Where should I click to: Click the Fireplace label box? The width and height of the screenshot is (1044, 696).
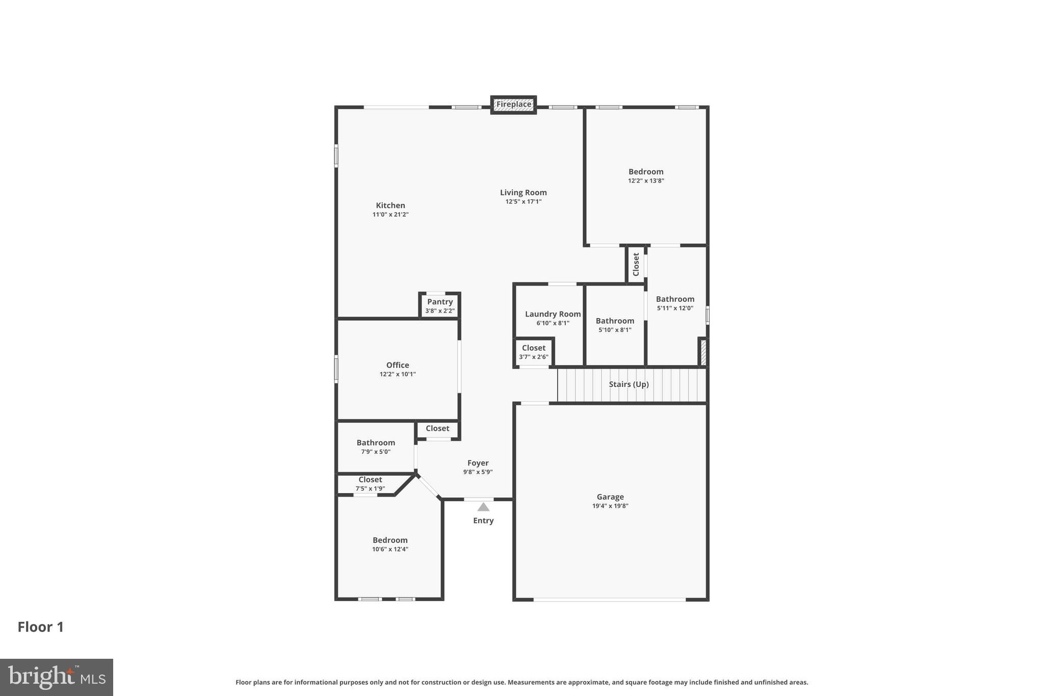tap(513, 105)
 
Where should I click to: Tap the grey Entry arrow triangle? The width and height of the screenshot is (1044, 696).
tap(483, 507)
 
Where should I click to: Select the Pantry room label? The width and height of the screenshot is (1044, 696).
tap(440, 302)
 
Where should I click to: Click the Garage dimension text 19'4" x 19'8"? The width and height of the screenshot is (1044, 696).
tap(610, 506)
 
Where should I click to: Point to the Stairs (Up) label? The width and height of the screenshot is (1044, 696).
tap(629, 384)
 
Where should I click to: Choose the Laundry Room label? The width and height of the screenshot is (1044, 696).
tap(553, 314)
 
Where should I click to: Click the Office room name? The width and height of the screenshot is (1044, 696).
tap(398, 365)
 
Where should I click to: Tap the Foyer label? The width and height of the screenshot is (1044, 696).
tap(478, 463)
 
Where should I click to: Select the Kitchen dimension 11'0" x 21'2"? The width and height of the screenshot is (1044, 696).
tap(390, 215)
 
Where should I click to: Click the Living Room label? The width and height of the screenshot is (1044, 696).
tap(523, 192)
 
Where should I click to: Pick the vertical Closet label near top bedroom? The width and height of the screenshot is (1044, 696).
tap(636, 264)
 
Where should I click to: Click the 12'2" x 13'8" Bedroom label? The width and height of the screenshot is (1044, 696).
tap(646, 172)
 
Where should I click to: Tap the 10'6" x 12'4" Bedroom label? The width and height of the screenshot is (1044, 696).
tap(390, 540)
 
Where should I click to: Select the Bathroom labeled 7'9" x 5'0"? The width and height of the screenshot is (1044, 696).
tap(376, 443)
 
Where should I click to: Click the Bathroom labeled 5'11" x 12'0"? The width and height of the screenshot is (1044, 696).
tap(675, 299)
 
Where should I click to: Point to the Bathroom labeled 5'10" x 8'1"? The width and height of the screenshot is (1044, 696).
tap(615, 321)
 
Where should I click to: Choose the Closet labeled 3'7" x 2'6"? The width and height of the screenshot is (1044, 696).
tap(534, 348)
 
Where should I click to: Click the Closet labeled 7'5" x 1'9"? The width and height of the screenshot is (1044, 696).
tap(370, 479)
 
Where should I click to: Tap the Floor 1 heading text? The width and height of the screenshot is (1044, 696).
tap(41, 627)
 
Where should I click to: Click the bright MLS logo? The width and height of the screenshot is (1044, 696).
tap(57, 677)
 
